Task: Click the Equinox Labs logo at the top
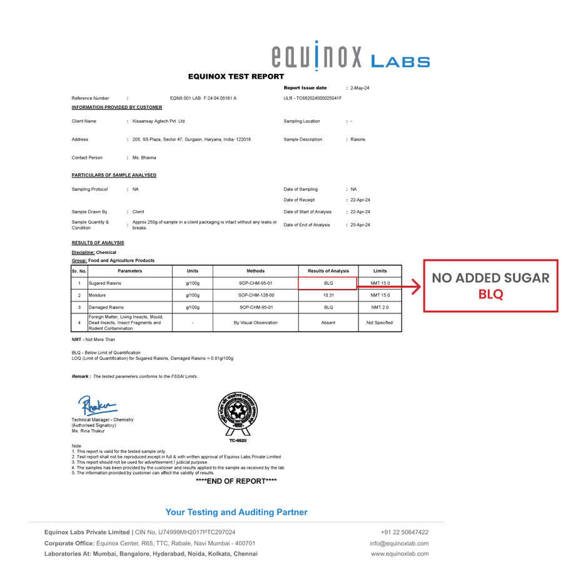[350, 56]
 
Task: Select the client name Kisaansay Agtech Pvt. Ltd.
[159, 121]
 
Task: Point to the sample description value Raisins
[358, 139]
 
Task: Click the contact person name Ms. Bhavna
[144, 158]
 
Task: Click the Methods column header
[256, 271]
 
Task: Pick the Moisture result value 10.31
[328, 295]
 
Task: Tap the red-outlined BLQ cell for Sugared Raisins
[328, 283]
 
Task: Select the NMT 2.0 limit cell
[380, 307]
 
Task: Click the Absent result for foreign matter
[328, 323]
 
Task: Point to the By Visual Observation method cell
[256, 323]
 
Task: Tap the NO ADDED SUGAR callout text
[490, 278]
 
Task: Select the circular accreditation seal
[237, 413]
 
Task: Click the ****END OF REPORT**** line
[236, 481]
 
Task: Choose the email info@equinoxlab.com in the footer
[399, 544]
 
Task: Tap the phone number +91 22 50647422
[404, 532]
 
